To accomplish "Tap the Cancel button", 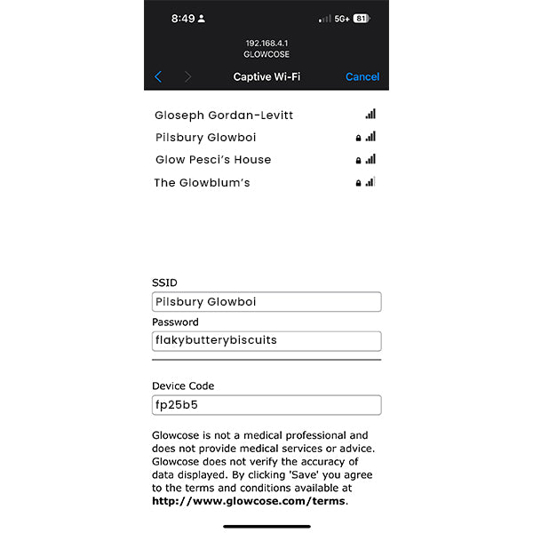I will click(362, 77).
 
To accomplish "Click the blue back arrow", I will click(158, 77).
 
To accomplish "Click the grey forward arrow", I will click(187, 77).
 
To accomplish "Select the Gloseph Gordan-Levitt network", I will click(223, 115).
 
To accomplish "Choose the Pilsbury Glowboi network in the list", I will click(205, 138).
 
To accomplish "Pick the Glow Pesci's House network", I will click(212, 160).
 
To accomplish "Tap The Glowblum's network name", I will click(202, 183).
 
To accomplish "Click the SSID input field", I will click(266, 302).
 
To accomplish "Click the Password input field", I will click(266, 341).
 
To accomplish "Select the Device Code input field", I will click(266, 405).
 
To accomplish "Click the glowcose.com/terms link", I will click(248, 501).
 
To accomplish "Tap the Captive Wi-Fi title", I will click(266, 77).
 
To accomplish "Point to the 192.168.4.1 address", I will click(266, 43).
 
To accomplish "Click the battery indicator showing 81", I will click(361, 19).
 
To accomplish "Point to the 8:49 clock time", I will click(183, 19).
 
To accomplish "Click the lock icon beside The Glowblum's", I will click(359, 183).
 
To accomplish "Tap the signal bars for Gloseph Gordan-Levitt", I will click(370, 115).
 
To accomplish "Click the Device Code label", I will click(183, 386).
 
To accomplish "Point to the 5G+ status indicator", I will click(341, 19).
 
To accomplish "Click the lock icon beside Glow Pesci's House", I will click(359, 161).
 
